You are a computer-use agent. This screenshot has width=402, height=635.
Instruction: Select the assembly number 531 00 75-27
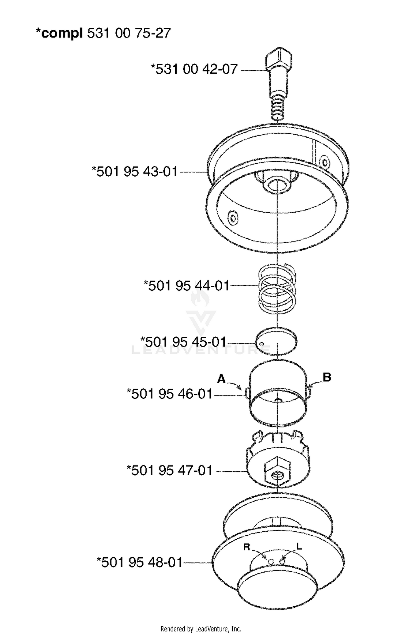(129, 33)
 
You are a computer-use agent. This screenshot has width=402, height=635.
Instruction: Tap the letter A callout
(221, 379)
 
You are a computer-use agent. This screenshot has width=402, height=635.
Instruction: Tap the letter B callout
(327, 377)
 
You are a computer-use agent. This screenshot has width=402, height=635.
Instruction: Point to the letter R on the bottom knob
(247, 547)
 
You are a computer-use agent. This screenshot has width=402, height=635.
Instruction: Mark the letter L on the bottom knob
(299, 546)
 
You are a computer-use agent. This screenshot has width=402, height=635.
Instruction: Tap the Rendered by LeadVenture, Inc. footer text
(201, 629)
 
